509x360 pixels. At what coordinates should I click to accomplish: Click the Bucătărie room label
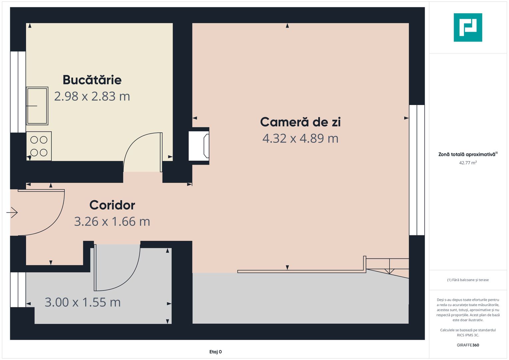coord(92,80)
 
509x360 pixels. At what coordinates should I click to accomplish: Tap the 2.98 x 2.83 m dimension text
coord(92,96)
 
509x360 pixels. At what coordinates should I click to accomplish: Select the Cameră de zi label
coord(300,122)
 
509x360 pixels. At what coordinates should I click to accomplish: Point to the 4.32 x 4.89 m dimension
coord(300,138)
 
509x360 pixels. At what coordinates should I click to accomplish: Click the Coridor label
coord(112,205)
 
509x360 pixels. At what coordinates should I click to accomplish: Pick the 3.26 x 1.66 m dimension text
coord(112,221)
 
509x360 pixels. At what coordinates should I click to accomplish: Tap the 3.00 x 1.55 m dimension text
coord(83,302)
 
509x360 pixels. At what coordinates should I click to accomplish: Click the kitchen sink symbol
coord(37,106)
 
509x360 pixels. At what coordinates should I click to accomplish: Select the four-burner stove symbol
coord(39,146)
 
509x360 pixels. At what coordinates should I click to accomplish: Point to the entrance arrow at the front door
coord(12,212)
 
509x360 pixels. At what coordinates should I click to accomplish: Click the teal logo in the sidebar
coord(468,27)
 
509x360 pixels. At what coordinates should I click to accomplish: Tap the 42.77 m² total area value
coord(468,163)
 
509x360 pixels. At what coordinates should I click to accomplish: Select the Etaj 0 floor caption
coord(215,352)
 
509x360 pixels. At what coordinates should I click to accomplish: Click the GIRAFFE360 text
coord(468,345)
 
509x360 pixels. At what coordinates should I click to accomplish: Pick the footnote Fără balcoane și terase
coord(468,280)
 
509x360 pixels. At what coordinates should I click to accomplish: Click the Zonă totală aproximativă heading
coord(467,154)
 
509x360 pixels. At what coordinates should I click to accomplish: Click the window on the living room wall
coord(417,170)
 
